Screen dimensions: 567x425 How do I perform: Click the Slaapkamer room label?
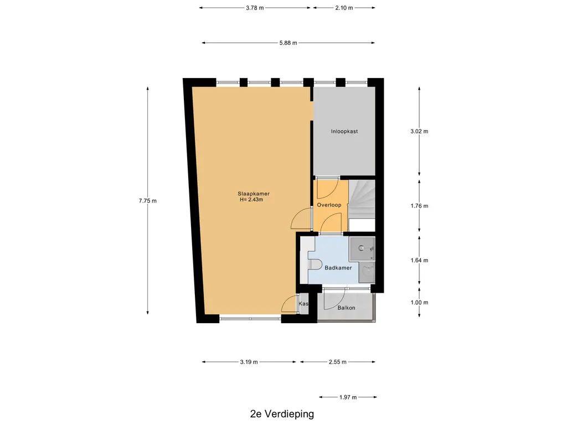click(254, 194)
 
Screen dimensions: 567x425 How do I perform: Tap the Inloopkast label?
click(344, 132)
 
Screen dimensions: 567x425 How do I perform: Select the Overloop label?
click(329, 205)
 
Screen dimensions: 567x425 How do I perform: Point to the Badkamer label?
click(338, 268)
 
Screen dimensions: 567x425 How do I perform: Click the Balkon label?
click(346, 308)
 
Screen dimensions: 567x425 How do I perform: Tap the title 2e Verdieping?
click(282, 414)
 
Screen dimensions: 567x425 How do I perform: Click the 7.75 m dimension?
click(147, 201)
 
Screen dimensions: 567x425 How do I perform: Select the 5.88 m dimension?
click(288, 43)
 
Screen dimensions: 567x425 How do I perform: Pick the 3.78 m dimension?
click(255, 8)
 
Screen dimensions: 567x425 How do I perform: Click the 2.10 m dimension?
click(344, 8)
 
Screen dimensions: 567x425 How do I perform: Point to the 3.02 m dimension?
click(419, 132)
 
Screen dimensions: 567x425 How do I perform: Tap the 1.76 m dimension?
click(419, 206)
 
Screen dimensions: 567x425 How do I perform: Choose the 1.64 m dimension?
click(419, 260)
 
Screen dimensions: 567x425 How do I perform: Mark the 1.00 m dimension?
click(419, 303)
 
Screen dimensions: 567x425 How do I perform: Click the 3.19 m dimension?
click(249, 362)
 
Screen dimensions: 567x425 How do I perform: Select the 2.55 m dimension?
click(337, 362)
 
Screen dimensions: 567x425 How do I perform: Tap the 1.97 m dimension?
click(348, 397)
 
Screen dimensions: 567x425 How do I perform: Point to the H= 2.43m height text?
click(251, 199)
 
